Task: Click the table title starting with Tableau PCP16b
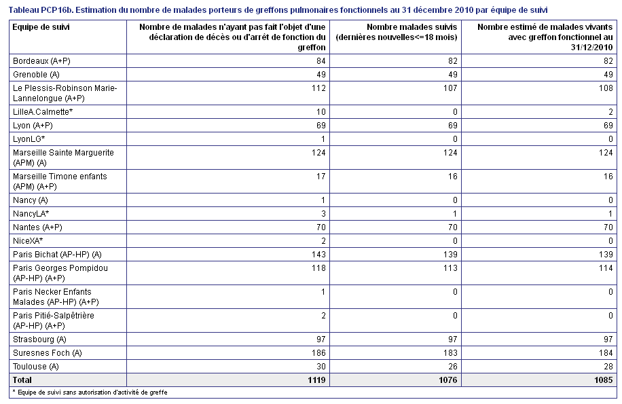click(278, 10)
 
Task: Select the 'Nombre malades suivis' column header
click(397, 32)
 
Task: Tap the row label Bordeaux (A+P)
click(41, 61)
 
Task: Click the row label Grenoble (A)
click(36, 75)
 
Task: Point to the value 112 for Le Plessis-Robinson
click(318, 88)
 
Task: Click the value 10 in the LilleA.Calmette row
click(321, 112)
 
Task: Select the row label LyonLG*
click(29, 139)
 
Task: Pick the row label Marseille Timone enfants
click(60, 181)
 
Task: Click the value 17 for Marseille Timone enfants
click(321, 177)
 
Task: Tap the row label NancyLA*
click(31, 214)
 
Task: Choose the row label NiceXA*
click(28, 240)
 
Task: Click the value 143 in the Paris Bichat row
click(318, 255)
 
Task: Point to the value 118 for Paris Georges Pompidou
click(318, 268)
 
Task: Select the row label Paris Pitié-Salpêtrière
click(54, 320)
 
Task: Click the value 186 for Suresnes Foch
click(318, 353)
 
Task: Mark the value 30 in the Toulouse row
click(321, 367)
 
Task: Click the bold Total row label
click(22, 380)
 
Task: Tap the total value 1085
click(604, 380)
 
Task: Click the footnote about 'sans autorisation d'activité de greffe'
click(90, 392)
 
